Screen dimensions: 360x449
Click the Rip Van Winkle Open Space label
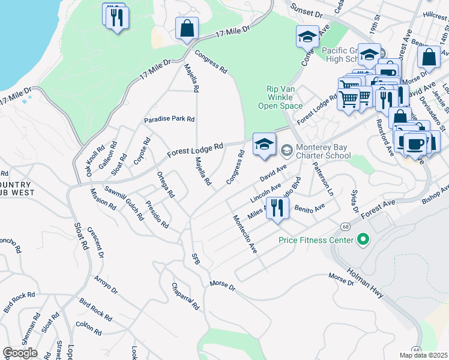281,97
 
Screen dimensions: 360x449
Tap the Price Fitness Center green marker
362,240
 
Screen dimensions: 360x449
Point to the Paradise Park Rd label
169,119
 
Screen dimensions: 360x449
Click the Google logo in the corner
20,353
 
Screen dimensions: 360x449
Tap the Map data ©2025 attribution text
423,355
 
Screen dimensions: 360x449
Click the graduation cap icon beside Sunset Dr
307,37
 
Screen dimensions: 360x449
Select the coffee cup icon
415,143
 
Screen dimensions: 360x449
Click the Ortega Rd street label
165,186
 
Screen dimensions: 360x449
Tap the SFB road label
195,258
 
